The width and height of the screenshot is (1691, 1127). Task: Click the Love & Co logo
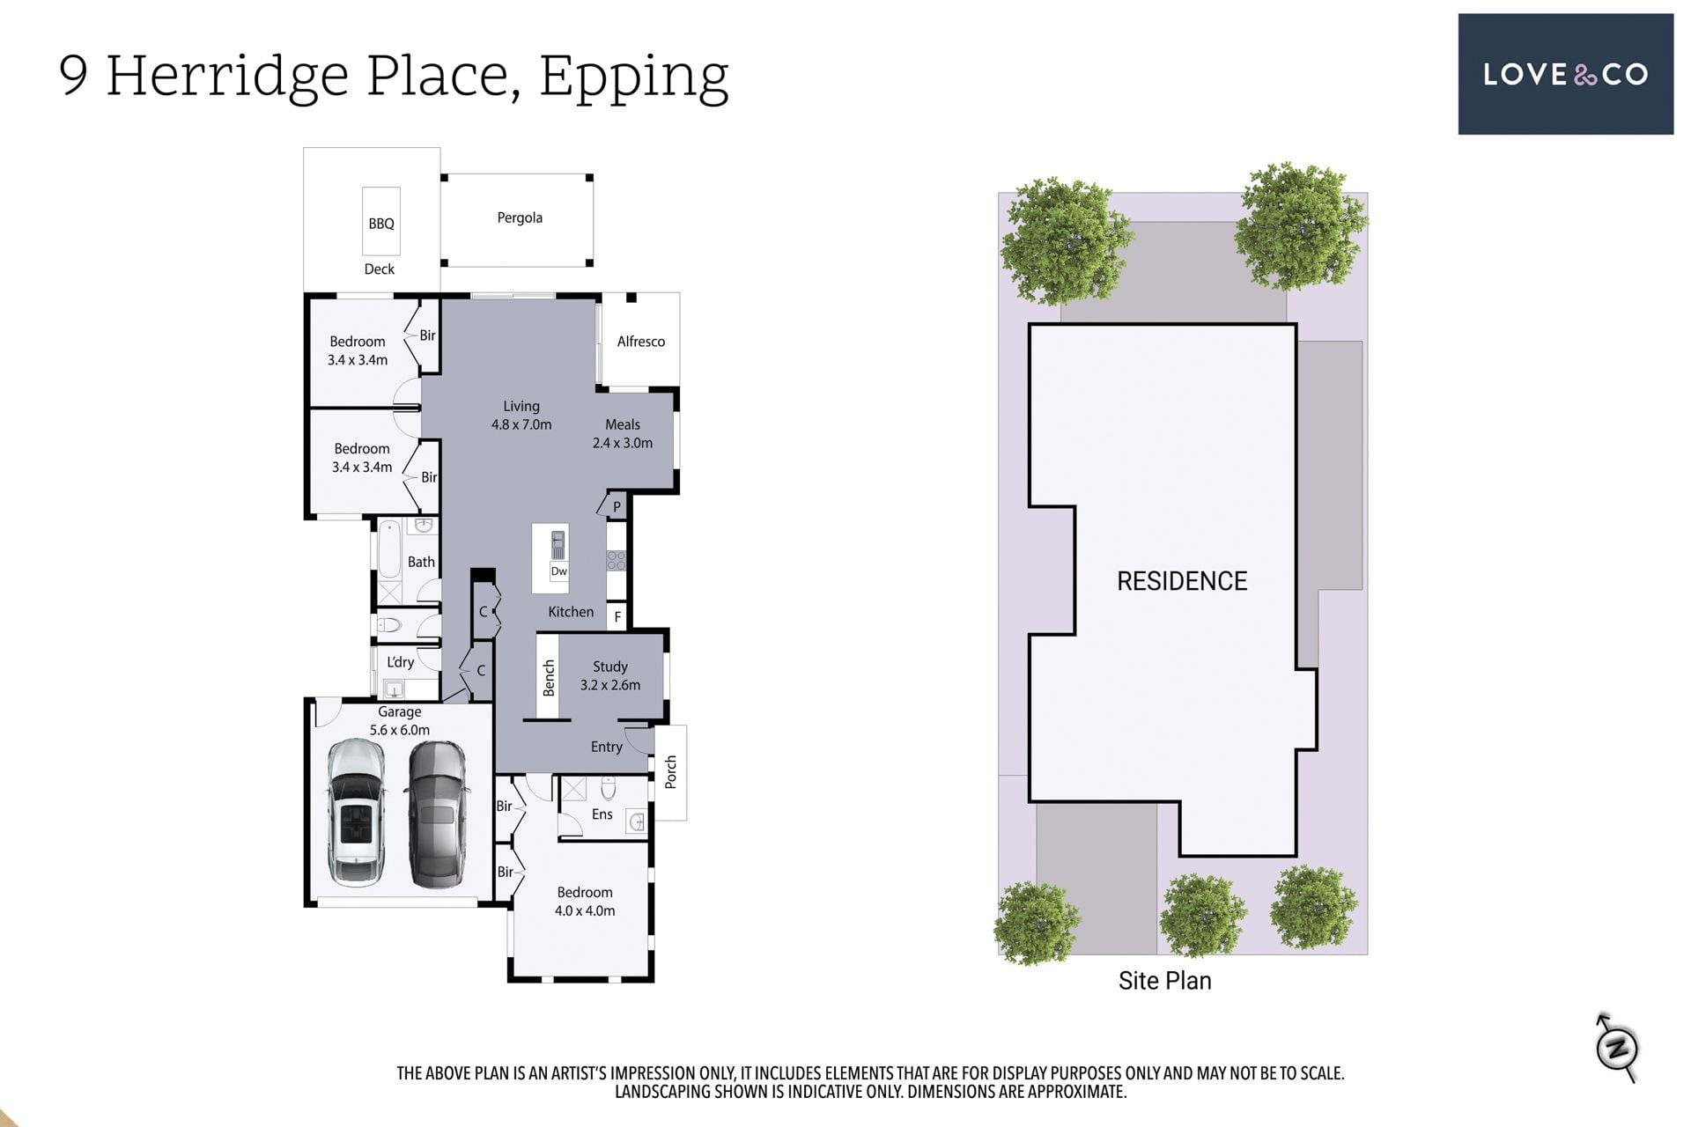pos(1565,74)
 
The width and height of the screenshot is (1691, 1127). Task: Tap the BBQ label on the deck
pos(381,224)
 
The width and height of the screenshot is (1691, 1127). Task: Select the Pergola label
pos(520,217)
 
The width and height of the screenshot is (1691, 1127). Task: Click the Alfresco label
pos(641,342)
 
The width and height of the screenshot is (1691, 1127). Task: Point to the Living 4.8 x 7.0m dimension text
pos(521,424)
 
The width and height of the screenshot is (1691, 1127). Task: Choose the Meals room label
pos(623,424)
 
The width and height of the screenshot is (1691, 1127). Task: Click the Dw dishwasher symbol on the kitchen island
pos(559,571)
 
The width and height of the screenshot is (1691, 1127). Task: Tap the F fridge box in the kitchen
pos(617,617)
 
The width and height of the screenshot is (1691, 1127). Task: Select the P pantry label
pos(617,507)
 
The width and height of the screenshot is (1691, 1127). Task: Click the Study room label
pos(610,667)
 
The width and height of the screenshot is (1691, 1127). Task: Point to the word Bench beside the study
pos(549,678)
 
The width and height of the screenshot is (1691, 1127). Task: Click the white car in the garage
pos(356,811)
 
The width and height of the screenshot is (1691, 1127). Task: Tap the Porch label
pos(671,772)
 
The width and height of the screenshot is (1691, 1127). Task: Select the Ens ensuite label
pos(602,814)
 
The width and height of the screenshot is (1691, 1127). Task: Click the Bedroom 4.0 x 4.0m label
pos(585,902)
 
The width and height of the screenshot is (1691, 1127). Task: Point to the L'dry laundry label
pos(401,662)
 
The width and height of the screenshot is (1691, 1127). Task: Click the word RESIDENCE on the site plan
pos(1182,581)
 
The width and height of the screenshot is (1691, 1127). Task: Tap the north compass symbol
pos(1617,1048)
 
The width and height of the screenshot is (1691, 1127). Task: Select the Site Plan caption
pos(1165,981)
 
